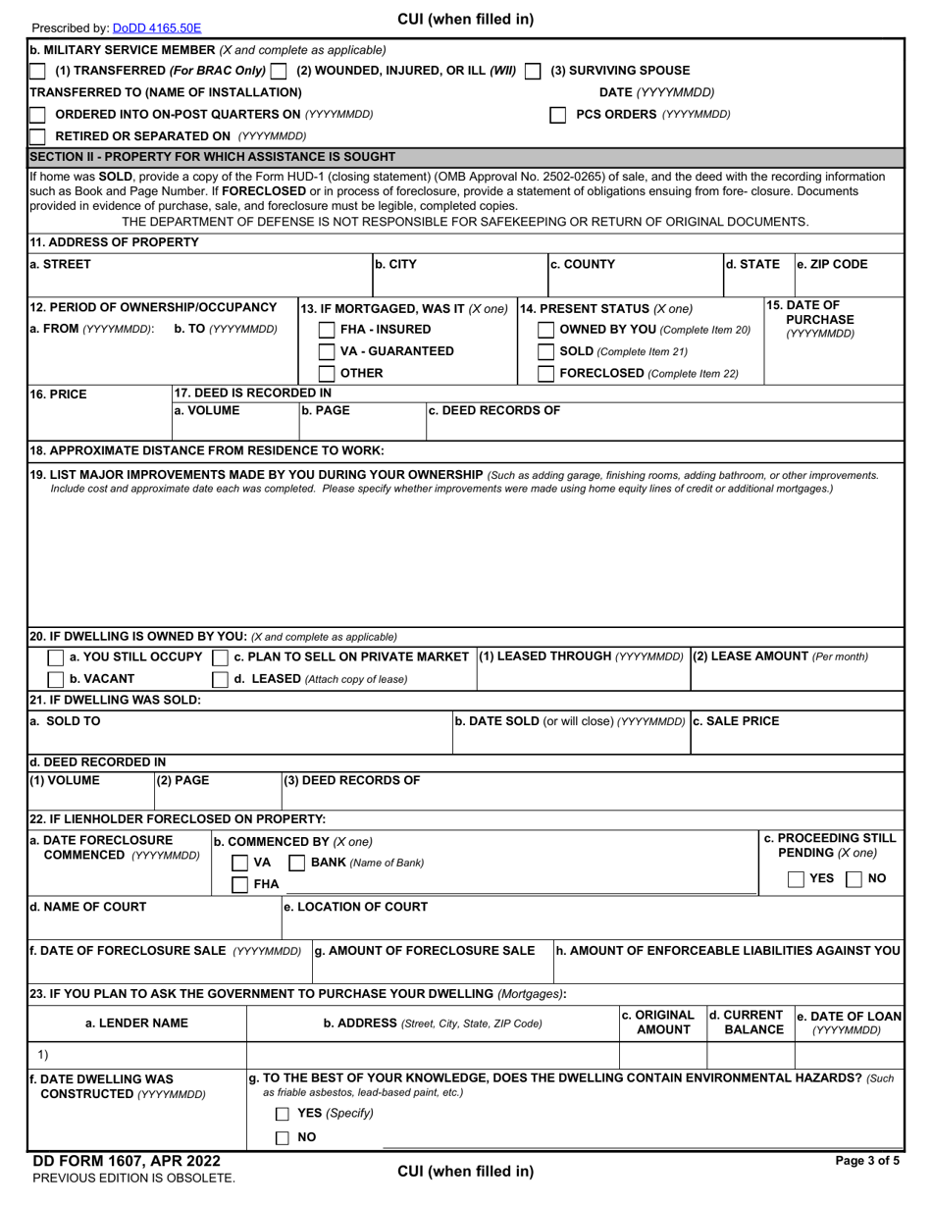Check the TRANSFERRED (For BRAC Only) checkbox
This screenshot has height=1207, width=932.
[x=37, y=71]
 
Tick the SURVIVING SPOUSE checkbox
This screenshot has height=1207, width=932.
[x=533, y=71]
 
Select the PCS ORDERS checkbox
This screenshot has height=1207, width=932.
[x=557, y=115]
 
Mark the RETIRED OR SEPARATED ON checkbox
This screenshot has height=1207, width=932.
[x=37, y=136]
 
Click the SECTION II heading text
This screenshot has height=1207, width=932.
[x=212, y=156]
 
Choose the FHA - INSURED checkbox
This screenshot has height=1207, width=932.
[x=328, y=331]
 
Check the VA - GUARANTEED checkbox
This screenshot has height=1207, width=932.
[x=328, y=352]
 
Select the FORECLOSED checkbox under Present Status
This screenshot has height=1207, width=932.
[x=546, y=374]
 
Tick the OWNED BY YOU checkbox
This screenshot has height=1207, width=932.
[x=546, y=331]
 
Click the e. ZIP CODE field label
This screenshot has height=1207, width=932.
[x=832, y=264]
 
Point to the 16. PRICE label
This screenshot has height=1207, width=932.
[x=58, y=394]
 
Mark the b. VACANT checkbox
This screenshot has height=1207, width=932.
[x=57, y=679]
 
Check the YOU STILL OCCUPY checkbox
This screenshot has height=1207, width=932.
[x=57, y=656]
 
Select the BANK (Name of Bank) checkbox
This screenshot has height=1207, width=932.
[x=297, y=863]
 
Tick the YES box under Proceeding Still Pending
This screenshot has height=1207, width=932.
[x=798, y=879]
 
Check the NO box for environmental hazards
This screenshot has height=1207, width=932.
[x=283, y=1137]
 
